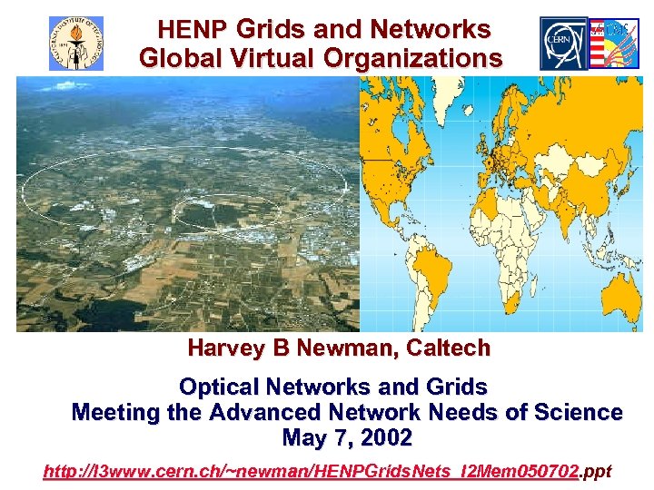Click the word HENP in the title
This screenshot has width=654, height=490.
(193, 30)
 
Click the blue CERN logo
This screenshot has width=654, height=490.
(564, 43)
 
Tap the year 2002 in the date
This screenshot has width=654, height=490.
(385, 438)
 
